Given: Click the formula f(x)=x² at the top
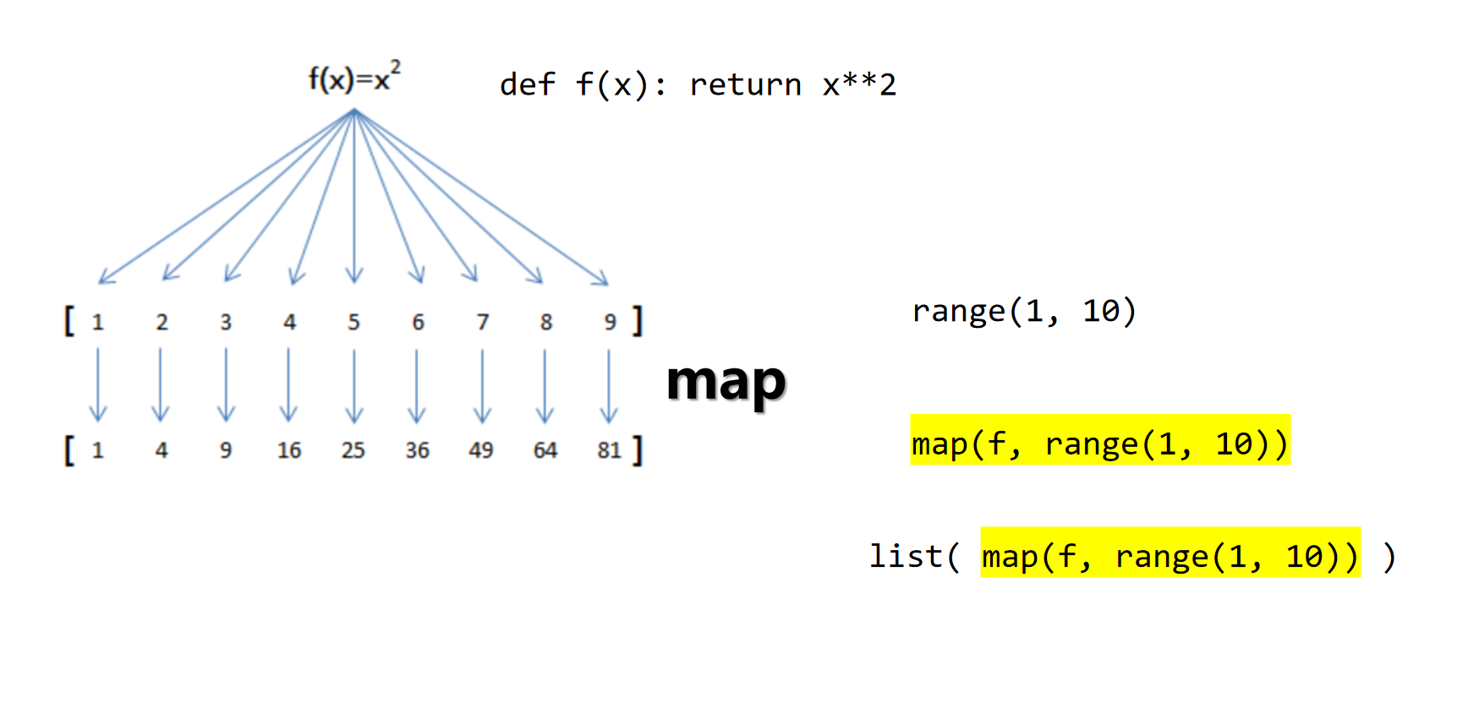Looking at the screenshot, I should click(353, 78).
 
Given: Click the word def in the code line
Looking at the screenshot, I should click(528, 84).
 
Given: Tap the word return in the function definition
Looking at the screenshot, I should click(745, 84).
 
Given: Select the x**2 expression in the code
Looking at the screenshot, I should click(859, 84).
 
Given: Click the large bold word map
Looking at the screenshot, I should click(726, 382).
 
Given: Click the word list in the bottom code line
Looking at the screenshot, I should click(906, 556).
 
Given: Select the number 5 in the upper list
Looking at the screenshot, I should click(353, 322).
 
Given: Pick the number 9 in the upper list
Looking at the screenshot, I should click(610, 322).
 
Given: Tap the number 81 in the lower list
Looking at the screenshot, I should click(609, 450).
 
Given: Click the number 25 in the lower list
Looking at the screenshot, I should click(353, 450).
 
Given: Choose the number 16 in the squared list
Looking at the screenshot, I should click(289, 450).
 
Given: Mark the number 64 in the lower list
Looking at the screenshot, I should click(545, 450).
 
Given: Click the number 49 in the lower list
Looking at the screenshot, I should click(481, 450).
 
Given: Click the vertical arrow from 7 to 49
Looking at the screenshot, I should click(482, 385).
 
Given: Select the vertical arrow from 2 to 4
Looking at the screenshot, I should click(161, 385).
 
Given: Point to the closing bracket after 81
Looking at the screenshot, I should click(638, 450).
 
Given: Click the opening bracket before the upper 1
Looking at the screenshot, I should click(69, 321).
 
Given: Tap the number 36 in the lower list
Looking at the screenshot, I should click(417, 450).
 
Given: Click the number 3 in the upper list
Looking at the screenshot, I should click(226, 322).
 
